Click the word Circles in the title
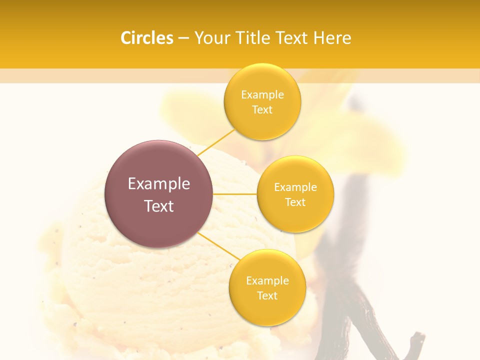click(x=147, y=38)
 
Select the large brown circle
click(x=158, y=194)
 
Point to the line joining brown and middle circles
click(x=235, y=193)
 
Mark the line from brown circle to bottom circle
click(x=218, y=247)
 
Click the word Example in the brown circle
click(x=159, y=184)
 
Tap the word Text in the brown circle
click(x=159, y=206)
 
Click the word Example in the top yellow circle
click(x=262, y=95)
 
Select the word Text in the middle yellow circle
click(x=295, y=202)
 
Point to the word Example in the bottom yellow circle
click(x=267, y=280)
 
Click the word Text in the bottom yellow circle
click(x=267, y=295)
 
